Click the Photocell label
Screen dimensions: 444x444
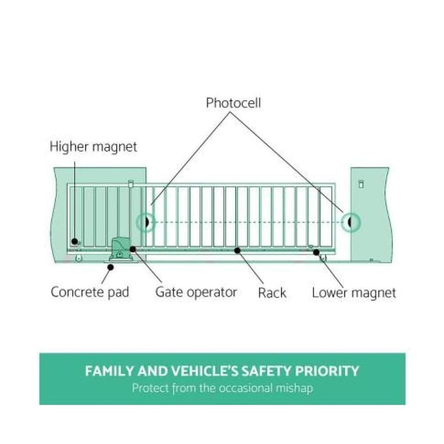[233, 102]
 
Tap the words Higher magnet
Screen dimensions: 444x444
[93, 147]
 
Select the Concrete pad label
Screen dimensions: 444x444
[89, 292]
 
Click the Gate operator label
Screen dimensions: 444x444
[196, 292]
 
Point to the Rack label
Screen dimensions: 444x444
[272, 293]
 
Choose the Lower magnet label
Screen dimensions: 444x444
[354, 293]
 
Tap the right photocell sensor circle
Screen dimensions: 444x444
[349, 222]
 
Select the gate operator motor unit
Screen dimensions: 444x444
[119, 249]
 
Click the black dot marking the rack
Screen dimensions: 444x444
[237, 251]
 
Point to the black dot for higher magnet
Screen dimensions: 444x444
[75, 241]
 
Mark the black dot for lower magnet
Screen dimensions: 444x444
[316, 251]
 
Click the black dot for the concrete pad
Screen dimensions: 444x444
[110, 267]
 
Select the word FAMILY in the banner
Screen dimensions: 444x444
[109, 371]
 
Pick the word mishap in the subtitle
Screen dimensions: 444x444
[294, 388]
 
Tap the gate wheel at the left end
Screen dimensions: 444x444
[79, 259]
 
